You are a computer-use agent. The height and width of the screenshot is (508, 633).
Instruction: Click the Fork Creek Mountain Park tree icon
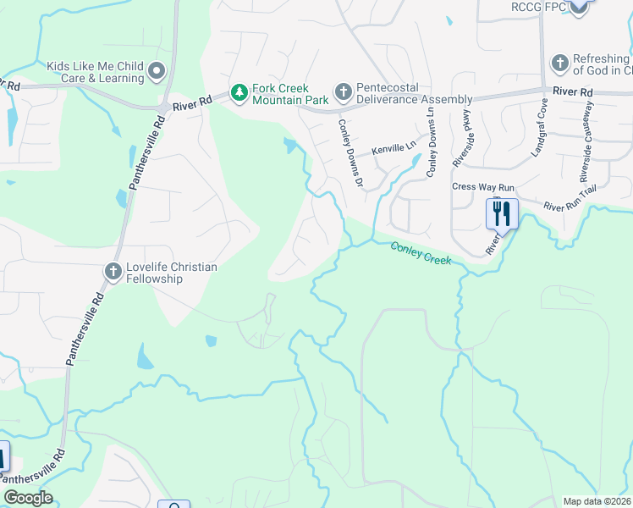[x=240, y=92]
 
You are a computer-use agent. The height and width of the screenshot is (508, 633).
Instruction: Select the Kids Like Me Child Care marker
[x=155, y=70]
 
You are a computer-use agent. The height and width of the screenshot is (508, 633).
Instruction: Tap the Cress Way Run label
[x=483, y=186]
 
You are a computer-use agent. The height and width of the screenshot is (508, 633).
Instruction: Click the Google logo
[x=28, y=497]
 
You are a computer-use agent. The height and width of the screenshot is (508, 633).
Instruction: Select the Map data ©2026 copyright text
[x=597, y=501]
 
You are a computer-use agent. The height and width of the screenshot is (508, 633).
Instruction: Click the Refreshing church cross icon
[x=559, y=63]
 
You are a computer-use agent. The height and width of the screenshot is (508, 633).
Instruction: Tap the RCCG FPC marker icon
[x=578, y=8]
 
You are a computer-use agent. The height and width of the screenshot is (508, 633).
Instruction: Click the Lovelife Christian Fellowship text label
[x=172, y=273]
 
